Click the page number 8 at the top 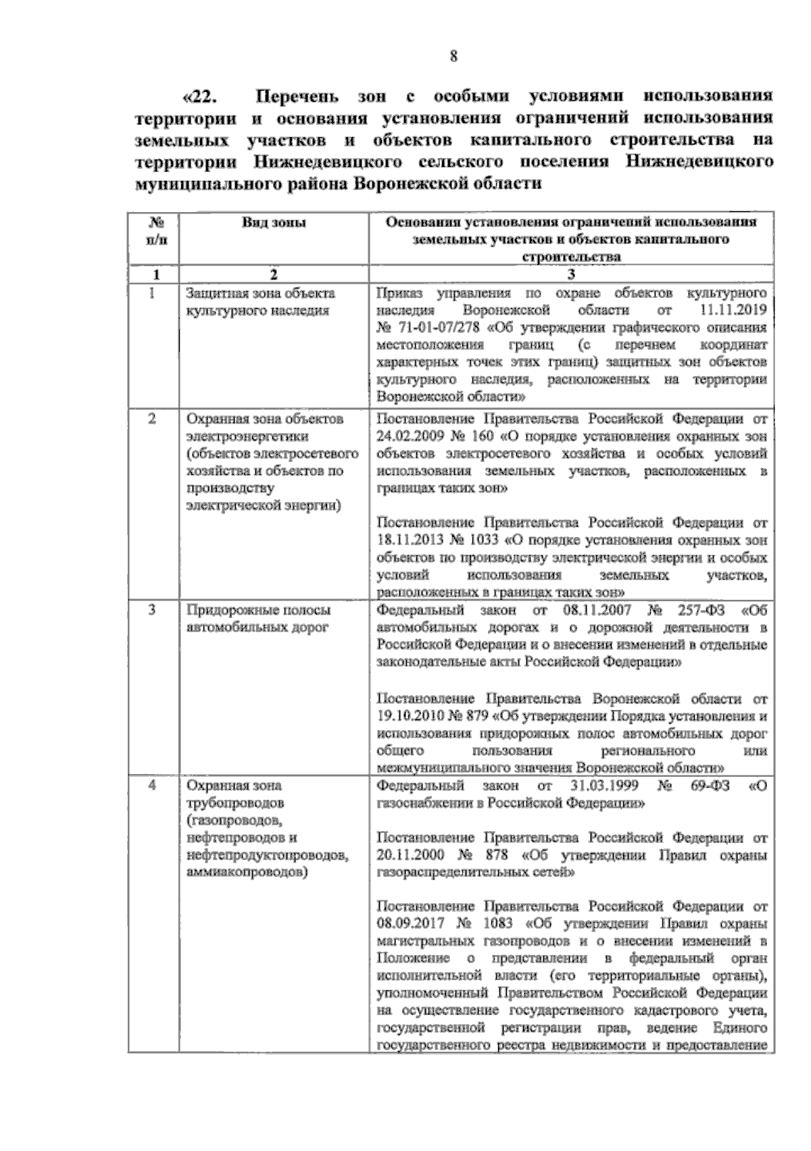tap(454, 57)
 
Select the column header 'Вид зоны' tap(274, 223)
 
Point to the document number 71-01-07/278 tap(433, 328)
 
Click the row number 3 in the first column tap(153, 610)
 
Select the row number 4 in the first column tap(153, 786)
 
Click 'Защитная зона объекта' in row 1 tap(261, 293)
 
